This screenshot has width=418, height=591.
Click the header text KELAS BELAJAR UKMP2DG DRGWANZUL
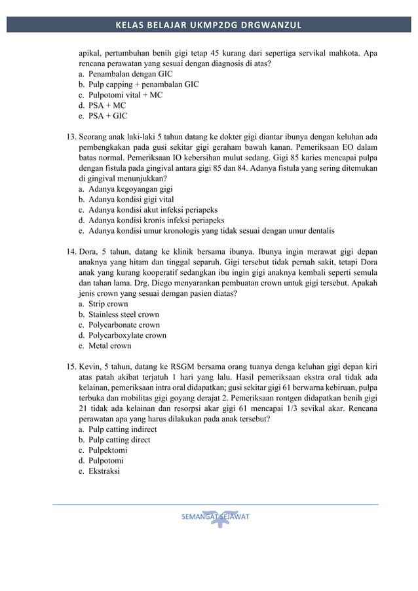(x=208, y=25)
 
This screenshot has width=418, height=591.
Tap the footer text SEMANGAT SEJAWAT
(x=216, y=517)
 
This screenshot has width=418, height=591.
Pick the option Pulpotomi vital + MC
(x=125, y=95)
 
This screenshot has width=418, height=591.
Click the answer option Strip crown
(x=108, y=304)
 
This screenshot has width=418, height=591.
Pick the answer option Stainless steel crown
(x=123, y=315)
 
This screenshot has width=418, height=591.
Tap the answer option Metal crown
(x=109, y=346)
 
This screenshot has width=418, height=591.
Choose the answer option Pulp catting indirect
(x=123, y=429)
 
